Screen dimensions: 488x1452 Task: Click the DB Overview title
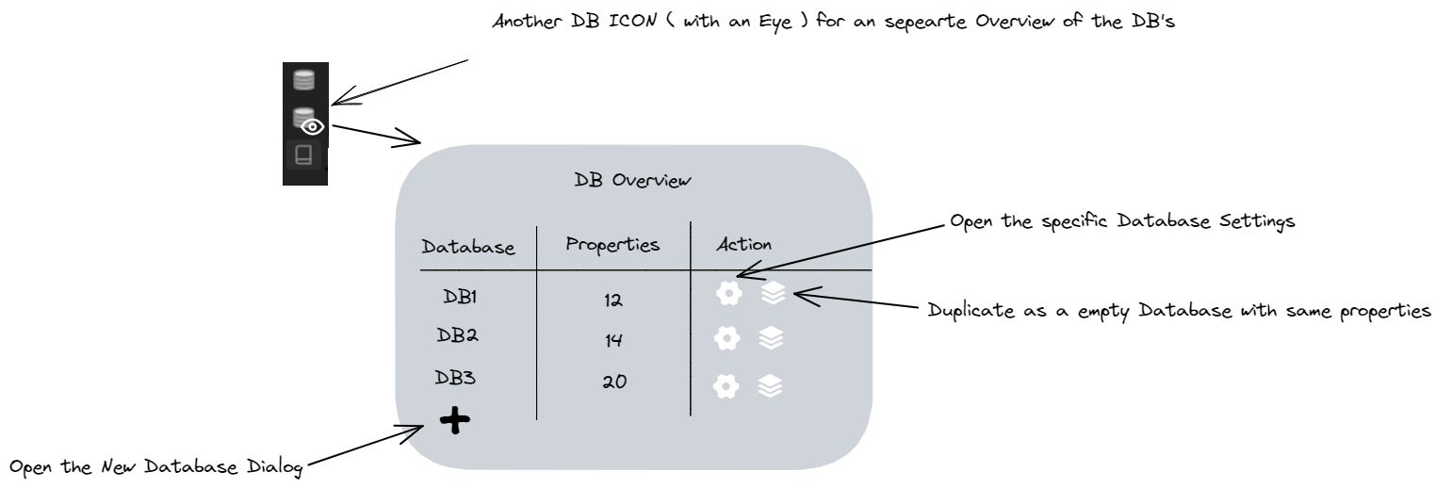pyautogui.click(x=633, y=181)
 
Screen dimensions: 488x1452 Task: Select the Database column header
pyautogui.click(x=468, y=249)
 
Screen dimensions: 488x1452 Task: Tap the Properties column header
pyautogui.click(x=612, y=245)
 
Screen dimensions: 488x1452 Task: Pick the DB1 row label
pyautogui.click(x=461, y=296)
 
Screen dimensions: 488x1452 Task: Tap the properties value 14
pyautogui.click(x=614, y=341)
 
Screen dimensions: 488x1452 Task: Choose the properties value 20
pyautogui.click(x=614, y=382)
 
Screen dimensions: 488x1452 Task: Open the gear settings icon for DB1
pyautogui.click(x=726, y=295)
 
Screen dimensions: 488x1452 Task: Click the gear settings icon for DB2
pyautogui.click(x=726, y=338)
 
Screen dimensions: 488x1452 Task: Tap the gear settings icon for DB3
pyautogui.click(x=726, y=385)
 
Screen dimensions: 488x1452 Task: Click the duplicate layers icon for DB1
pyautogui.click(x=772, y=295)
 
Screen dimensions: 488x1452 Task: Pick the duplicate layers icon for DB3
pyautogui.click(x=772, y=385)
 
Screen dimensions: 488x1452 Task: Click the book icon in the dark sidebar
pyautogui.click(x=304, y=155)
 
